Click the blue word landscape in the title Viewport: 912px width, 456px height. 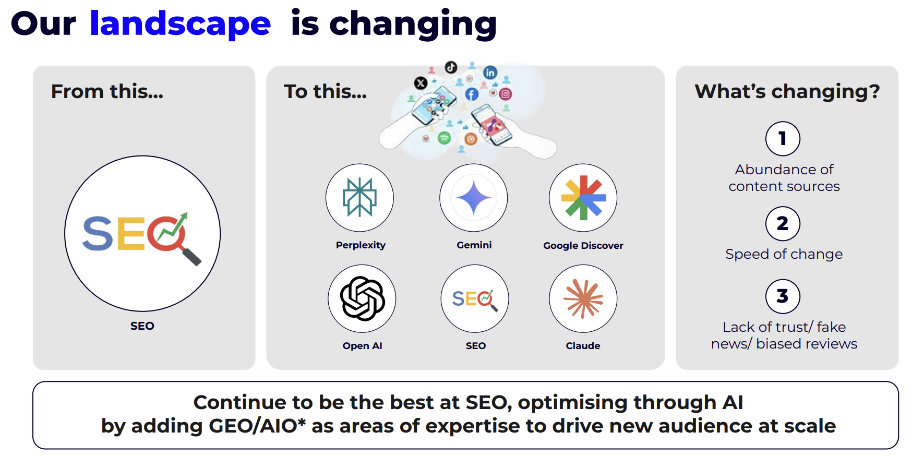click(x=180, y=24)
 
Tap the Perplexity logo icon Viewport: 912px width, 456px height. click(x=359, y=197)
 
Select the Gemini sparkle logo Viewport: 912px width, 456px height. click(x=474, y=198)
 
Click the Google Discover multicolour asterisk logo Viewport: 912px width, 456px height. click(x=583, y=198)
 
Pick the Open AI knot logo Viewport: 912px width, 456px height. click(x=363, y=298)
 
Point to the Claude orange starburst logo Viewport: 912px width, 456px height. click(x=583, y=298)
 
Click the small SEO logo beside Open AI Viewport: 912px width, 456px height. click(x=475, y=299)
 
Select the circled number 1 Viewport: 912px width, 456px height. click(x=783, y=139)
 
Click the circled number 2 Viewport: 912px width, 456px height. click(x=783, y=224)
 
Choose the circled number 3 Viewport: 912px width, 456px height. click(x=783, y=296)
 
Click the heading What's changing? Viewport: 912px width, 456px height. click(x=787, y=91)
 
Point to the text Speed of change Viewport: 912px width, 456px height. click(x=784, y=254)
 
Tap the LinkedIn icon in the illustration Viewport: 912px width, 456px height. click(x=490, y=73)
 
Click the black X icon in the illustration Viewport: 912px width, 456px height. click(x=421, y=82)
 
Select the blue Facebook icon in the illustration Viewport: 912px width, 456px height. click(x=472, y=94)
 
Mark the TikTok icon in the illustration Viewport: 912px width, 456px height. click(x=451, y=67)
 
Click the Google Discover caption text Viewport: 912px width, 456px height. click(x=583, y=246)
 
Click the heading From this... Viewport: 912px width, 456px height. click(x=107, y=91)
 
